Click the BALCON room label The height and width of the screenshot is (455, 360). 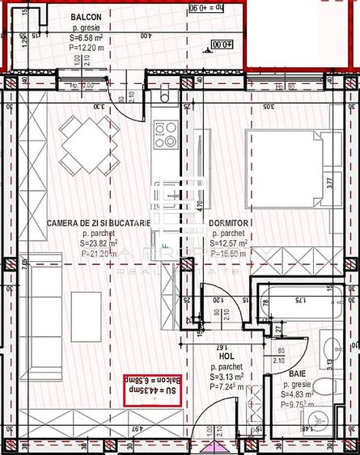(x=86, y=16)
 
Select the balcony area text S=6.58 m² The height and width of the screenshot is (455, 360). (x=87, y=37)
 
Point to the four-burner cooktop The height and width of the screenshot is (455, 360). (x=165, y=134)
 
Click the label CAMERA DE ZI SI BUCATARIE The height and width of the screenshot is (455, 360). (x=98, y=222)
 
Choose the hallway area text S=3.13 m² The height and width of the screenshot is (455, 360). (x=227, y=377)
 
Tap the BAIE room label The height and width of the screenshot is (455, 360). (x=297, y=374)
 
